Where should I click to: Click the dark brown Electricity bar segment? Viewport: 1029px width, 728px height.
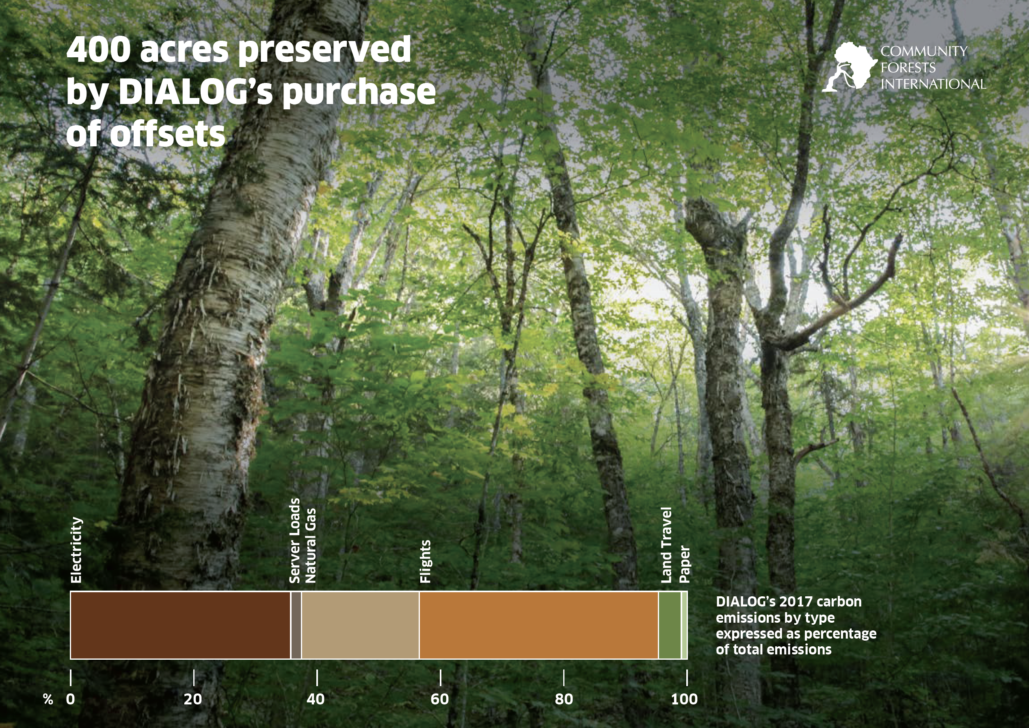pyautogui.click(x=181, y=625)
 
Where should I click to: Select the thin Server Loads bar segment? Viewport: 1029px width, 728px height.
pyautogui.click(x=296, y=625)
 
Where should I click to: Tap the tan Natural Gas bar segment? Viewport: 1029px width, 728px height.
pyautogui.click(x=360, y=625)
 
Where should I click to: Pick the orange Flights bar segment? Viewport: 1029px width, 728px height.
pyautogui.click(x=539, y=625)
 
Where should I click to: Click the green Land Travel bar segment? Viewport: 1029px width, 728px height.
pyautogui.click(x=670, y=625)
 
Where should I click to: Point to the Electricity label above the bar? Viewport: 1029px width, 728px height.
pyautogui.click(x=77, y=550)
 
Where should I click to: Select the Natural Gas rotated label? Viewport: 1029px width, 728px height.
pyautogui.click(x=310, y=545)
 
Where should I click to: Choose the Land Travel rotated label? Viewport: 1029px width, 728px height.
pyautogui.click(x=666, y=545)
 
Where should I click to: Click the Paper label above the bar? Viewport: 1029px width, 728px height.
pyautogui.click(x=685, y=564)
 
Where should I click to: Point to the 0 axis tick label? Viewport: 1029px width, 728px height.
pyautogui.click(x=70, y=699)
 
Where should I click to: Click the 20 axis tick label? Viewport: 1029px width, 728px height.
pyautogui.click(x=193, y=699)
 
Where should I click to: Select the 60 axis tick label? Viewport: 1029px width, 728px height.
pyautogui.click(x=440, y=699)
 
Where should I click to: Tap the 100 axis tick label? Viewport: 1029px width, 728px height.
pyautogui.click(x=684, y=699)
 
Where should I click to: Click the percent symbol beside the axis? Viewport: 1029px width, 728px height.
pyautogui.click(x=48, y=699)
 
